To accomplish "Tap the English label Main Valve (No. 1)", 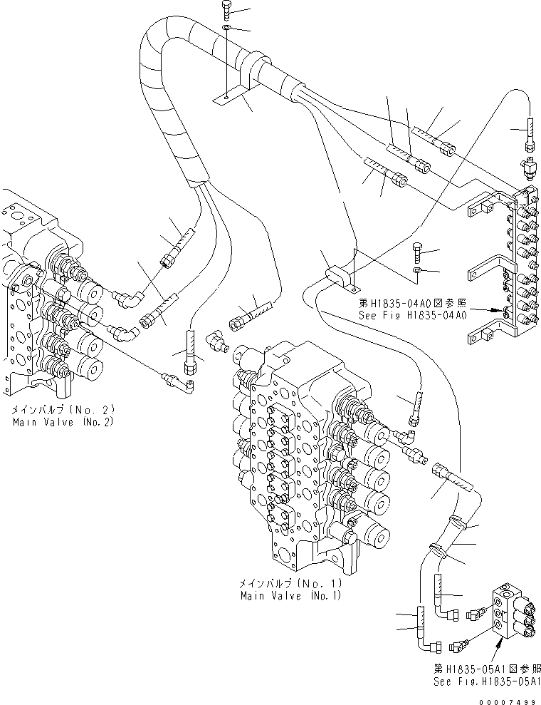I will point(290,595).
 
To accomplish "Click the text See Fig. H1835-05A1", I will point(484,681).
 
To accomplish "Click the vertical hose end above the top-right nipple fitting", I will point(530,132).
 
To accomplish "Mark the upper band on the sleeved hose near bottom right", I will point(463,526).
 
